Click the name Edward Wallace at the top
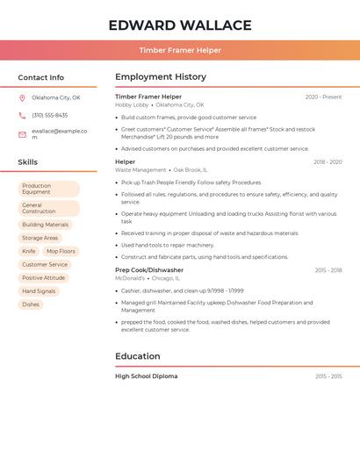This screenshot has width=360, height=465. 179,25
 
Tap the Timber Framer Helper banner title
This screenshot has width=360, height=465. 179,50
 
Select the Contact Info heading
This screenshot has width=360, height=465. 41,77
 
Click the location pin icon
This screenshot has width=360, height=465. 22,97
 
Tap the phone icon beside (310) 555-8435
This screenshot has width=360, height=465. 22,115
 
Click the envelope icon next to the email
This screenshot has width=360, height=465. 22,133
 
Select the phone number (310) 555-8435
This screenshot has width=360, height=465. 50,115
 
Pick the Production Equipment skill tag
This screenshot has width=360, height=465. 48,189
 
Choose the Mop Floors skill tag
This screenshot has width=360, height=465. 61,251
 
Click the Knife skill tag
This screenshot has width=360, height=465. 29,251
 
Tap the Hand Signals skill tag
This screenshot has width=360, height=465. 39,290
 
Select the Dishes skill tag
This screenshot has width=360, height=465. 31,304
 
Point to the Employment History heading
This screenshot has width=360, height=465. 161,77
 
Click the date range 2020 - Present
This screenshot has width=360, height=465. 323,97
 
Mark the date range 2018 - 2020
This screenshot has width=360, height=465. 328,161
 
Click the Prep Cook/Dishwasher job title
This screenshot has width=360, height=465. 149,270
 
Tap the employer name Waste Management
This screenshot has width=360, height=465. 140,169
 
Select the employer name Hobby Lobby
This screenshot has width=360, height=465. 132,104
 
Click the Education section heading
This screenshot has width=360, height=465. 138,356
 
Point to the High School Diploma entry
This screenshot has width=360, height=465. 146,376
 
